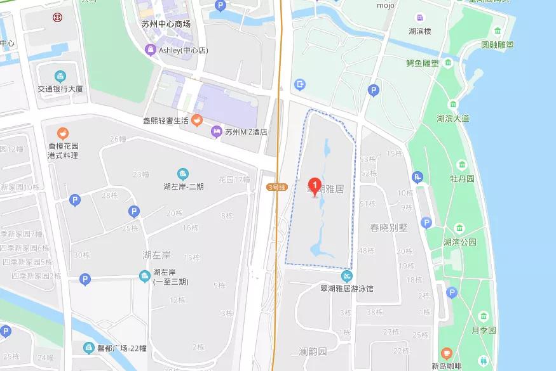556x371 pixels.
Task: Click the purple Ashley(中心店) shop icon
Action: (x=151, y=50)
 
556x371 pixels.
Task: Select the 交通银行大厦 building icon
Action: (x=60, y=76)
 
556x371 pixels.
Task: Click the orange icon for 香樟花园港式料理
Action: (x=62, y=133)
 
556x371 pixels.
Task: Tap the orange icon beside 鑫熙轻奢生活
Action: (x=198, y=120)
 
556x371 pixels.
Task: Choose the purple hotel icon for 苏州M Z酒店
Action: (x=216, y=131)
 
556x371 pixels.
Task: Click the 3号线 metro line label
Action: (x=277, y=187)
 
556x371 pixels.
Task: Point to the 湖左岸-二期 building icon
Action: (x=183, y=174)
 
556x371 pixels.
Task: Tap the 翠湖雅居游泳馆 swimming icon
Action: (x=347, y=276)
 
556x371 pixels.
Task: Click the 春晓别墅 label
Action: (x=388, y=228)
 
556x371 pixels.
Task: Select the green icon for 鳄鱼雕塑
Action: (x=449, y=63)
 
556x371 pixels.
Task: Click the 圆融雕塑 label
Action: (x=497, y=46)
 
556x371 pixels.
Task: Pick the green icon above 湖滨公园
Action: (x=459, y=228)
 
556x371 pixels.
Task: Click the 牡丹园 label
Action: (x=462, y=179)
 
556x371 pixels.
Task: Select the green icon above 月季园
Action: (x=484, y=316)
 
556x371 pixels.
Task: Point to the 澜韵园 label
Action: (x=312, y=351)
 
